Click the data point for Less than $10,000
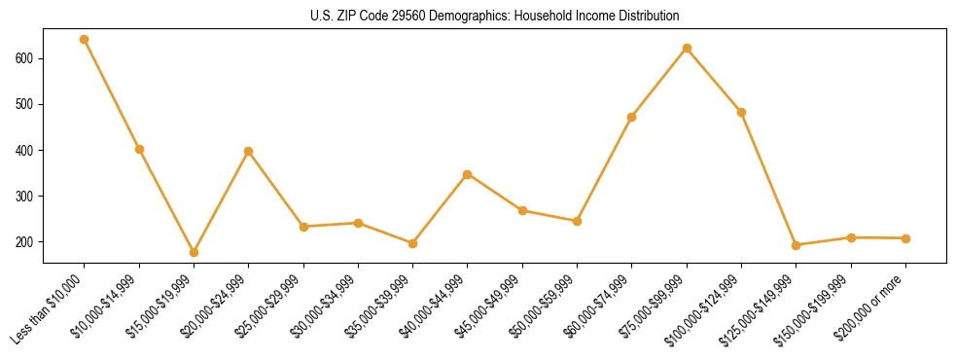pos(85,40)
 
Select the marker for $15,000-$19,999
pos(194,252)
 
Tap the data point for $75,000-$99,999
pos(687,48)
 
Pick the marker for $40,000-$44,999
pos(468,174)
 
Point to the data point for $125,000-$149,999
pos(797,245)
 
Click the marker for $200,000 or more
pos(905,238)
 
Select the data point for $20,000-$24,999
pos(249,152)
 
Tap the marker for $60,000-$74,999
pos(632,117)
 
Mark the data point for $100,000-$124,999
pos(741,112)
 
